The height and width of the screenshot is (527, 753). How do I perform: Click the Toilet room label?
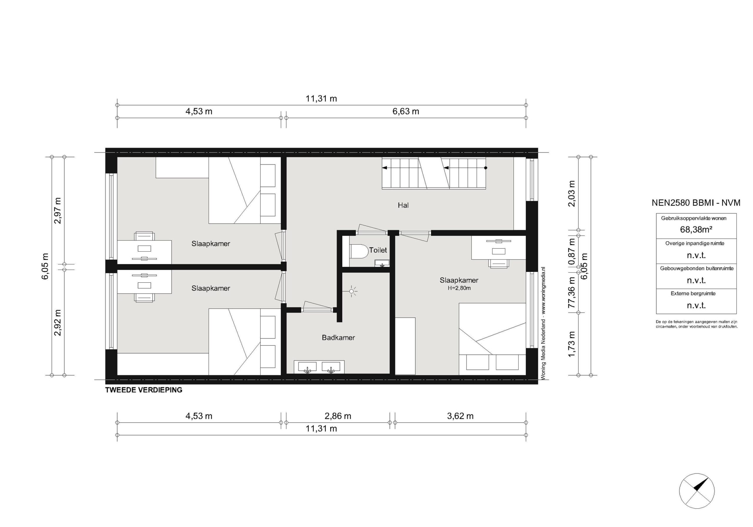pos(378,250)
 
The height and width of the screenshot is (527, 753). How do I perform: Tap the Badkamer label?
pos(339,338)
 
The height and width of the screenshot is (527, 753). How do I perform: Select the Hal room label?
pos(403,205)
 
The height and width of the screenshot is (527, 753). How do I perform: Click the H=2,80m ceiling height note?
pos(459,288)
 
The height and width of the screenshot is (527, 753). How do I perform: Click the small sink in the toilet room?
pos(382,263)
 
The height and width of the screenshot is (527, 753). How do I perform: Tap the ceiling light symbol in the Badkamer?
pos(352,291)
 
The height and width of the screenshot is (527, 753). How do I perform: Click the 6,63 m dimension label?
pos(406,111)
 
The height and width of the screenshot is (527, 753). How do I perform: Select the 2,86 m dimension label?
pos(338,416)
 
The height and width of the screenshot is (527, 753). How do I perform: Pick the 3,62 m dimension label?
pos(460,416)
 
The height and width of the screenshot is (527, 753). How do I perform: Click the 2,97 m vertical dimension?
pos(58,210)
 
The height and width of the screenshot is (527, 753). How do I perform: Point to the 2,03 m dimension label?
pos(572,193)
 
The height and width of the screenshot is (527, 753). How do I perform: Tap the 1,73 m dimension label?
pos(572,344)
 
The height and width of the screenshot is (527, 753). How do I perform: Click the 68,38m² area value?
pos(696,230)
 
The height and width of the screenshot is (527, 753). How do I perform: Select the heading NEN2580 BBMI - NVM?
pos(696,203)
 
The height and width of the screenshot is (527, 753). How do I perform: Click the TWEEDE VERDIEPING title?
pos(144,390)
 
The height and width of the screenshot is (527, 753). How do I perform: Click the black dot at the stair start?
pos(486,168)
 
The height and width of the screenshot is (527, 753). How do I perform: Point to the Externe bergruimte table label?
pos(693,293)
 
